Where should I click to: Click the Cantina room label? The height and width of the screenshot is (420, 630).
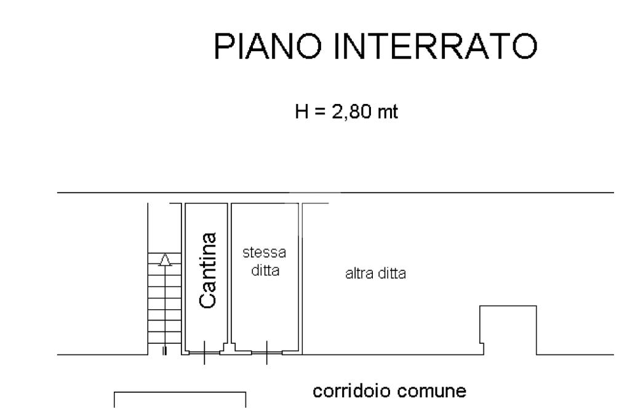pos(209,270)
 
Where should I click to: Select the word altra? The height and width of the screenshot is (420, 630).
pos(356,274)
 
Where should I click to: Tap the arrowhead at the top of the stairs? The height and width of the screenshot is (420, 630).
pos(164,260)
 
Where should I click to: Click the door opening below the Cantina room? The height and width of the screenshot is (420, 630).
pos(204,353)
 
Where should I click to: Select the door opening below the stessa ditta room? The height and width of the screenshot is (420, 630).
pos(266,353)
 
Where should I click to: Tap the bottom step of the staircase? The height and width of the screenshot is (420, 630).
pos(164,339)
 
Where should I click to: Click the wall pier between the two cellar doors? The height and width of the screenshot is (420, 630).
pos(228,350)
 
